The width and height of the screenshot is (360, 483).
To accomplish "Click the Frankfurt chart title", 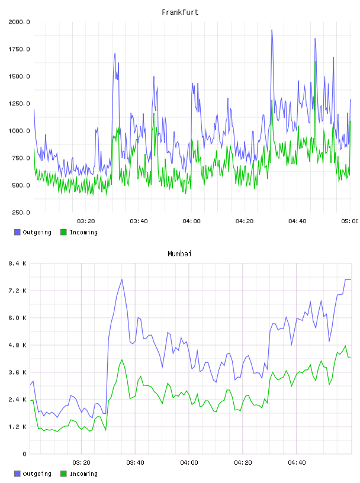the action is pos(180,12).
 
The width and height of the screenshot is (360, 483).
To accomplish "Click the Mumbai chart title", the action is pos(179,254).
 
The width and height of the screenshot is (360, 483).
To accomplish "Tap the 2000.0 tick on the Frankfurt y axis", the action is pos(19,22).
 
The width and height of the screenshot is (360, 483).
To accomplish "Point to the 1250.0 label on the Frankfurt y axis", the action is pos(19,104).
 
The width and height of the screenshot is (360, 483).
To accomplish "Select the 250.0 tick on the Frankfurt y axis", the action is pos(21,212).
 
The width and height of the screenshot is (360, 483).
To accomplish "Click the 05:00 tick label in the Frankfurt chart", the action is pos(350,221).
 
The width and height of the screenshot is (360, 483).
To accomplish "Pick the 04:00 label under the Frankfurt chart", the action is pos(191,221).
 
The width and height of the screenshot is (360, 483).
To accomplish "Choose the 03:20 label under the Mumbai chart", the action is pos(81,463).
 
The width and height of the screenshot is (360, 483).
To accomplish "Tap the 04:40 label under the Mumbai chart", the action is pos(297,463).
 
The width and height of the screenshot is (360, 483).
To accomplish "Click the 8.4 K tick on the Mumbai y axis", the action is pos(18,263).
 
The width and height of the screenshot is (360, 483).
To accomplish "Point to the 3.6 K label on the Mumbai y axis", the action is pos(18,372).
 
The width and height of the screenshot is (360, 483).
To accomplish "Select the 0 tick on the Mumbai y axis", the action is pos(24,454).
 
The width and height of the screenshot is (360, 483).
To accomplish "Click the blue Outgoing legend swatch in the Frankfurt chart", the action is pos(17,232).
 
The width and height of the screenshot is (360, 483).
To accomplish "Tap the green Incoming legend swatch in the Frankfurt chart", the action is pos(63,232).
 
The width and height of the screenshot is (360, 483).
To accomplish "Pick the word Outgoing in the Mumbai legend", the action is pos(37,474).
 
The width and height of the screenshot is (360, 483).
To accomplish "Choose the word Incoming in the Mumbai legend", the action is pos(83,474).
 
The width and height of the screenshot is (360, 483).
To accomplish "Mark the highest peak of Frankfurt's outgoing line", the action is pos(272,30).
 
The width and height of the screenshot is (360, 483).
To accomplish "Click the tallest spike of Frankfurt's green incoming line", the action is pos(315,61).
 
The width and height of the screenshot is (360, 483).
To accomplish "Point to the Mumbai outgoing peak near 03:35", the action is pos(122,279).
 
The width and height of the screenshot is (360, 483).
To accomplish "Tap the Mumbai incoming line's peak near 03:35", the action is pos(122,359).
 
